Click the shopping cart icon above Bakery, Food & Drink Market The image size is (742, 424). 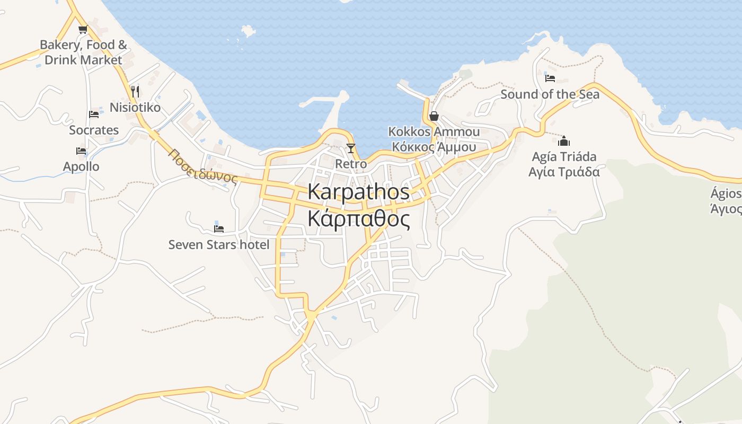pyautogui.click(x=83, y=30)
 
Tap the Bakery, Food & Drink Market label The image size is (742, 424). pyautogui.click(x=83, y=52)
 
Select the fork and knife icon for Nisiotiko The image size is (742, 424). pyautogui.click(x=135, y=92)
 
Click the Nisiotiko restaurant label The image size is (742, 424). pyautogui.click(x=135, y=108)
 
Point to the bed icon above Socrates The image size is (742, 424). pyautogui.click(x=94, y=114)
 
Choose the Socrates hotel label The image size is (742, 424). pyautogui.click(x=94, y=130)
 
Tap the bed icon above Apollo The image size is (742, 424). pyautogui.click(x=81, y=151)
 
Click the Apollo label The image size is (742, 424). pyautogui.click(x=81, y=166)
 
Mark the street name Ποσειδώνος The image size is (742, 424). pyautogui.click(x=202, y=166)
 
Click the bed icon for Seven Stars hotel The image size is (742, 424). pyautogui.click(x=218, y=229)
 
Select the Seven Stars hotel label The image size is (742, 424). pyautogui.click(x=218, y=245)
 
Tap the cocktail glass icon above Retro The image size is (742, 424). pyautogui.click(x=350, y=148)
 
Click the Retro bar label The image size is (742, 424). pyautogui.click(x=350, y=164)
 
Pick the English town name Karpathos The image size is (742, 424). pyautogui.click(x=358, y=192)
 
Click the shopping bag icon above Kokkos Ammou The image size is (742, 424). pyautogui.click(x=434, y=116)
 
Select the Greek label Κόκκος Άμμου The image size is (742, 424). pyautogui.click(x=434, y=147)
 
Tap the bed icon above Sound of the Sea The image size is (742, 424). pyautogui.click(x=550, y=78)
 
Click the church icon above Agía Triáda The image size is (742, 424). pyautogui.click(x=564, y=141)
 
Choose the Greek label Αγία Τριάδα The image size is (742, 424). pyautogui.click(x=564, y=172)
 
